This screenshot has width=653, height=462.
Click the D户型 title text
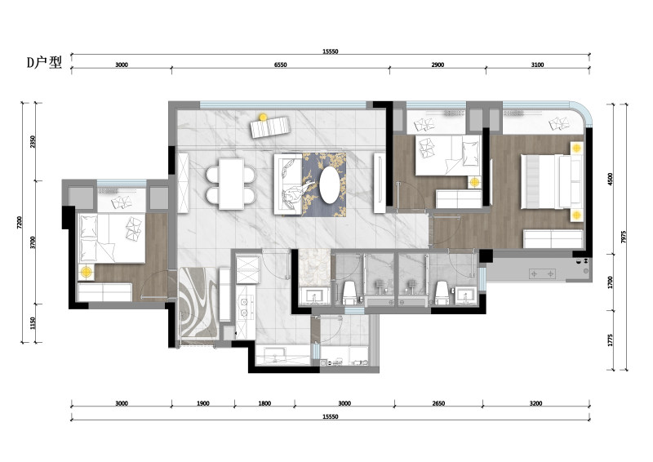[x=44, y=63]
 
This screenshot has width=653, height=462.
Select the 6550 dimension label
[x=281, y=64]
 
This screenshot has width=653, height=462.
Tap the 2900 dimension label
[x=438, y=64]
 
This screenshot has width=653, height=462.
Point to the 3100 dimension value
[x=538, y=64]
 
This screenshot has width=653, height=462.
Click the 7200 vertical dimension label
[x=19, y=223]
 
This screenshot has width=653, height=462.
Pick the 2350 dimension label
[x=33, y=142]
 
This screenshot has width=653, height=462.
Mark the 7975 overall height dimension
[x=623, y=237]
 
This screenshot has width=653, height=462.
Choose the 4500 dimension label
[x=611, y=179]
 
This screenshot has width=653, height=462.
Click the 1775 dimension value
[x=611, y=340]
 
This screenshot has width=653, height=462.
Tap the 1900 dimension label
[x=202, y=403]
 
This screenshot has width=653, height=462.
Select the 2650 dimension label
[x=438, y=403]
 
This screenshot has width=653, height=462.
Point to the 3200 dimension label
[x=536, y=403]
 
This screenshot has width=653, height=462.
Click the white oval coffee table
[x=330, y=185]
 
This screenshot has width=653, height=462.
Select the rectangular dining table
[x=231, y=184]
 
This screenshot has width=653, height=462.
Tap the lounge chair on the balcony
[x=270, y=127]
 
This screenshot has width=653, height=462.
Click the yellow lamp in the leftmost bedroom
[x=87, y=272]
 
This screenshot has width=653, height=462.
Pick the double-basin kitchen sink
[x=243, y=306]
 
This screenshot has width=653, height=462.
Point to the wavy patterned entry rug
[x=198, y=303]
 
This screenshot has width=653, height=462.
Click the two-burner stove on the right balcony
[x=542, y=274]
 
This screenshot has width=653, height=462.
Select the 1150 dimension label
[x=33, y=323]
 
